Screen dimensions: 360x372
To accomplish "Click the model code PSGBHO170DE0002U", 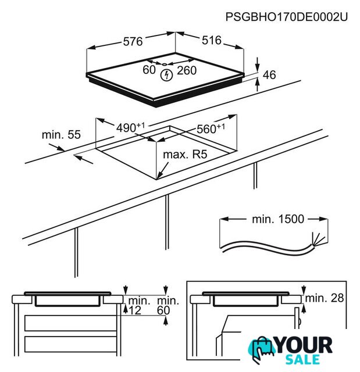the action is tap(287, 17).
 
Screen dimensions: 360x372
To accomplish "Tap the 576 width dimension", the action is tap(133, 41).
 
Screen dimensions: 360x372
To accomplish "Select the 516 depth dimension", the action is tap(212, 40).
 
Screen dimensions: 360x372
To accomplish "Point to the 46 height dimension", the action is tap(269, 75).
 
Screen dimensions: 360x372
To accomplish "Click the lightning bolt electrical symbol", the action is tap(166, 76).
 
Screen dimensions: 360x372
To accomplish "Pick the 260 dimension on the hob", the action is tap(187, 70).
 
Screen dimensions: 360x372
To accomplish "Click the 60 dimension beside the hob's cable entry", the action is tap(149, 70).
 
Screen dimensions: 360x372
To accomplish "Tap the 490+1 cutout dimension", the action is tap(130, 127).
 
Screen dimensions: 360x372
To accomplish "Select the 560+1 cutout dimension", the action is tap(211, 128).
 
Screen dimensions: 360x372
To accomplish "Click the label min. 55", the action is tap(61, 135).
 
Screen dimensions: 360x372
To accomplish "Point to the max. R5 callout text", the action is tap(185, 155).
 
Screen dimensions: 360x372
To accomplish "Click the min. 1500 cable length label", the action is tap(278, 219).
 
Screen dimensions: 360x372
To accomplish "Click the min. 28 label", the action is tap(325, 298).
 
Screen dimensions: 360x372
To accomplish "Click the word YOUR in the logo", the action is tap(304, 345).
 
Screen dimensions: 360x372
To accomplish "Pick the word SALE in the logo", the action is tap(302, 359).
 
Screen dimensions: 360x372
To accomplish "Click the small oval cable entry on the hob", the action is tap(165, 64).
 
